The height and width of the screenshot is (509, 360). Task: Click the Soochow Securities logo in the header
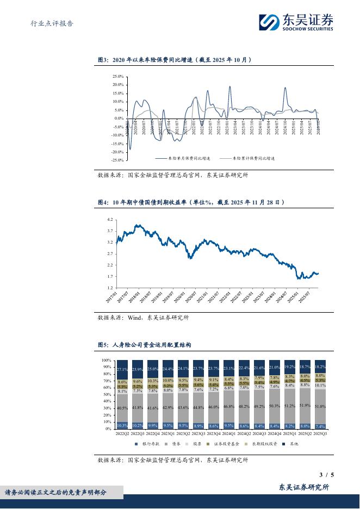[296, 22]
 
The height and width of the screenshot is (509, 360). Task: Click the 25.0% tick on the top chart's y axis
[118, 76]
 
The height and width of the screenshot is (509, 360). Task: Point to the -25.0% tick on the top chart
[117, 160]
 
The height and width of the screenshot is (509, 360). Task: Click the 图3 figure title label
[103, 60]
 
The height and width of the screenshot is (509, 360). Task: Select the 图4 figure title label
[103, 202]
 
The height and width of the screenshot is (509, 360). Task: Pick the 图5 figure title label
[103, 345]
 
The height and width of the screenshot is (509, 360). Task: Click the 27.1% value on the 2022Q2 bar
[122, 369]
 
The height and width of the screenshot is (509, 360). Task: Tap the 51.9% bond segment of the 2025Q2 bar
[305, 405]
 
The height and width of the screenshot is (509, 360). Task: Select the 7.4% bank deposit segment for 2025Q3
[320, 426]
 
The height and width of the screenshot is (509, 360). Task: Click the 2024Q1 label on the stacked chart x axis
[229, 434]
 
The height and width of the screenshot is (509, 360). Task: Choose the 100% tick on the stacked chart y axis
[107, 361]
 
